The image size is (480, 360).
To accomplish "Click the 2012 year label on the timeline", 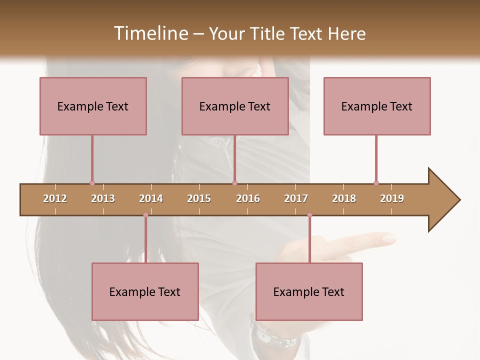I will tap(55, 198).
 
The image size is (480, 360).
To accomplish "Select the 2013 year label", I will tap(103, 198).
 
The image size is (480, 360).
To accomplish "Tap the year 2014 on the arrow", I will tap(151, 198).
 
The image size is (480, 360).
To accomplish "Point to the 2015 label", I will tap(199, 198).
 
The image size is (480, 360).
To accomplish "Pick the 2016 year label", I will tap(248, 198).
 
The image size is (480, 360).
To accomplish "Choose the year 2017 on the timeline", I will tap(296, 198).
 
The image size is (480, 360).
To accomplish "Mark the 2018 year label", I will tap(344, 198).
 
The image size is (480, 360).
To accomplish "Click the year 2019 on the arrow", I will tap(392, 198).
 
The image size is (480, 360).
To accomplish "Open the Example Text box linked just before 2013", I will tap(93, 106).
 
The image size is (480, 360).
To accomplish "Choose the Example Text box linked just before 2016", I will tap(235, 106).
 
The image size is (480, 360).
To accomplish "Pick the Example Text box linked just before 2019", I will tap(377, 106).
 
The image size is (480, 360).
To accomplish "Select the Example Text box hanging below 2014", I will tap(145, 291).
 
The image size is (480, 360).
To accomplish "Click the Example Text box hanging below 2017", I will tap(309, 291).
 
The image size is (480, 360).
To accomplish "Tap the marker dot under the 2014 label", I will tap(145, 215).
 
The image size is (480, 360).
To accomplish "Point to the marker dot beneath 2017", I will tap(309, 215).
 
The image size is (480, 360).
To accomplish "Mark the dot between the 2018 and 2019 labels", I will tap(376, 183).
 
